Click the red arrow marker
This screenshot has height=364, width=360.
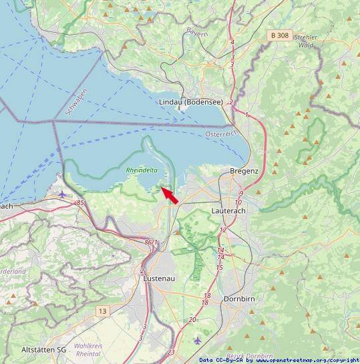pyautogui.click(x=170, y=196)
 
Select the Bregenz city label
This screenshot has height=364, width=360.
pyautogui.click(x=243, y=171)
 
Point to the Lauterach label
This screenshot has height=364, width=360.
pyautogui.click(x=228, y=210)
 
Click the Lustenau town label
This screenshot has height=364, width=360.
pyautogui.click(x=159, y=279)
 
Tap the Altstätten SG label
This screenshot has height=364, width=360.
pyautogui.click(x=44, y=350)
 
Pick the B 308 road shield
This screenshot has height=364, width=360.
pyautogui.click(x=281, y=35)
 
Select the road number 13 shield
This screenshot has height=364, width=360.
pyautogui.click(x=102, y=311)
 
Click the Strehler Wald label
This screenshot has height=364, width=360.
pyautogui.click(x=305, y=41)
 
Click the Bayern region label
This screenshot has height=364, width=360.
pyautogui.click(x=197, y=31)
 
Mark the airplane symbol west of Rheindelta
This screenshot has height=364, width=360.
pyautogui.click(x=62, y=194)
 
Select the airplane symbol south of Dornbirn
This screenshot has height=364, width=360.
pyautogui.click(x=196, y=341)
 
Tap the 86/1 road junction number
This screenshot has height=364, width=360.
pyautogui.click(x=152, y=242)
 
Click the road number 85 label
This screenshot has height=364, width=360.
pyautogui.click(x=81, y=202)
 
